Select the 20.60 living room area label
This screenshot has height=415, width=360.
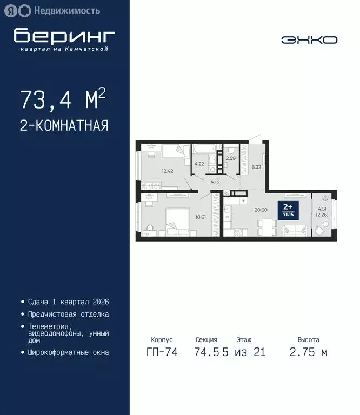click(261, 210)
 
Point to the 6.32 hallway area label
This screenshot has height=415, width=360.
click(256, 167)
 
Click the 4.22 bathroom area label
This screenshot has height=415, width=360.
click(199, 164)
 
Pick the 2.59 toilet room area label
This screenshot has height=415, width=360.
click(231, 158)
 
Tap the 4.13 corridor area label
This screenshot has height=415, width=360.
click(215, 182)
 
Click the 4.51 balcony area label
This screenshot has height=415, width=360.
click(322, 211)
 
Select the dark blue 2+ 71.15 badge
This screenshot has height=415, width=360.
click(288, 210)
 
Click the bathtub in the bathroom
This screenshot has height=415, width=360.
click(205, 149)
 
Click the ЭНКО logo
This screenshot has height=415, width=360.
click(309, 39)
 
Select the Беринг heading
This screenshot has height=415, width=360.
click(64, 36)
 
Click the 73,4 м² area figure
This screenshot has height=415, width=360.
click(63, 99)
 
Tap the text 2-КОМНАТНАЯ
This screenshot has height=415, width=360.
click(64, 126)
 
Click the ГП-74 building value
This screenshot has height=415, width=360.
click(162, 352)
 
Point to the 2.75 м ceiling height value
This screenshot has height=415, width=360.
click(308, 352)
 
